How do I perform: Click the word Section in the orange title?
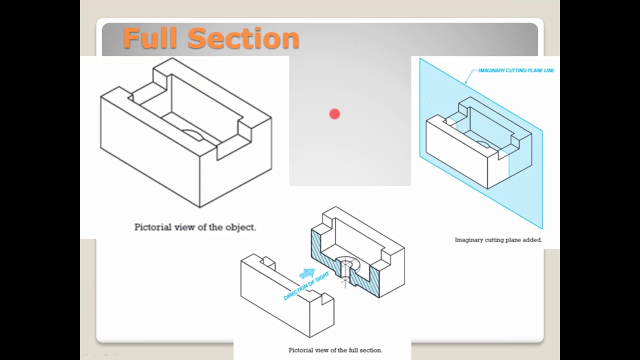(x=243, y=38)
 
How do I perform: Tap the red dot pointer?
(x=334, y=114)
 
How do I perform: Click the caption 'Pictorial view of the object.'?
(x=195, y=227)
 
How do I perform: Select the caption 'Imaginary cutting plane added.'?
(x=498, y=240)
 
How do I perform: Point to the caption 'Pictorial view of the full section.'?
(x=335, y=350)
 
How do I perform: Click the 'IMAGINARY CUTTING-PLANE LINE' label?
(x=516, y=70)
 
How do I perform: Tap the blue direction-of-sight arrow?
(x=307, y=273)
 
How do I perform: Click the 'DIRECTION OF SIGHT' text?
(x=306, y=286)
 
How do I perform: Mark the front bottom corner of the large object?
(x=200, y=206)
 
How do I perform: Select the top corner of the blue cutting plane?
(x=420, y=59)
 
